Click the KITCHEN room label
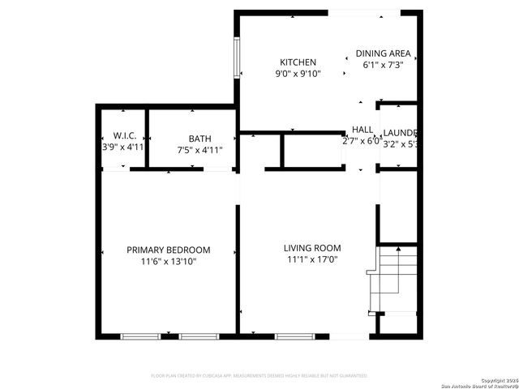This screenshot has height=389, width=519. point(298,62)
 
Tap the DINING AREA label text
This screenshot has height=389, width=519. point(384,54)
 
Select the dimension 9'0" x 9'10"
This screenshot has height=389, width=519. point(298,74)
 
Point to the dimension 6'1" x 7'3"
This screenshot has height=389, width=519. point(384,65)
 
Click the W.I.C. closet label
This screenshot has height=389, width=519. point(124,136)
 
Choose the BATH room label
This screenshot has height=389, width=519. point(199,139)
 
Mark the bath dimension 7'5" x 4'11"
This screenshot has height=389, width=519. point(199,150)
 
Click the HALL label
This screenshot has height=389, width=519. point(362,130)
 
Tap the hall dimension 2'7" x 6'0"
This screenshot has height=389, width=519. point(362,141)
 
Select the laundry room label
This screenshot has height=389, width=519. point(400,133)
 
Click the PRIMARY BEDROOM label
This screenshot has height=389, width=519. point(169,250)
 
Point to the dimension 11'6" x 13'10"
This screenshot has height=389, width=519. point(169,262)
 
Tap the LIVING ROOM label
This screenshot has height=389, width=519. point(312,248)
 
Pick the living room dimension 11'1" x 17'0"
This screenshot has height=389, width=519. point(312,260)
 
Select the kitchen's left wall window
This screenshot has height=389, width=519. point(238,57)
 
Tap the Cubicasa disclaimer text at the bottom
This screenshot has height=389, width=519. point(259,376)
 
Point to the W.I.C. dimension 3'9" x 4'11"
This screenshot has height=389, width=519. point(123,147)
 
